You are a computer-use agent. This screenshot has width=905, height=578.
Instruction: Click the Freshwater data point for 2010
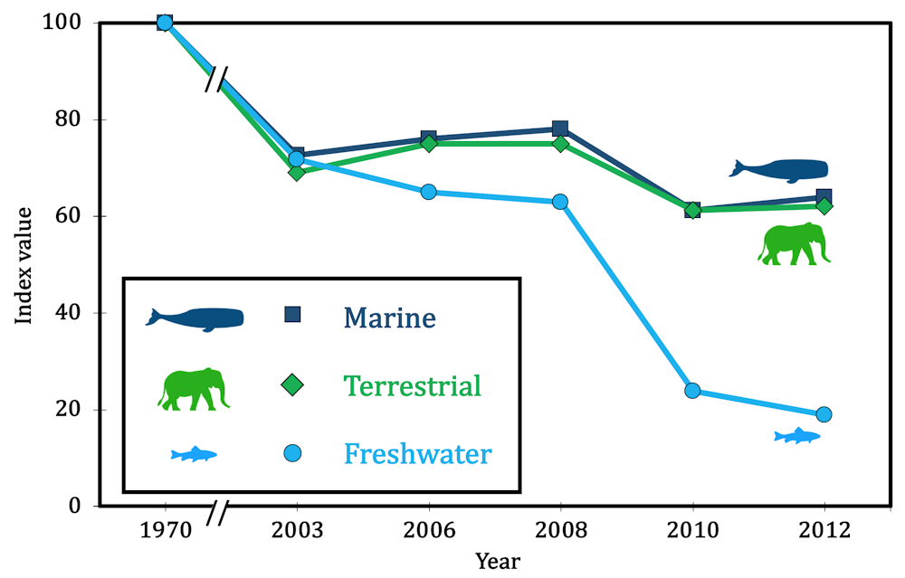point(692,391)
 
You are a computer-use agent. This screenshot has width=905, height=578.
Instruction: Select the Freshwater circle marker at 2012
point(824,414)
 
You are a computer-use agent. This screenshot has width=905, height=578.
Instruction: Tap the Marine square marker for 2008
point(560,128)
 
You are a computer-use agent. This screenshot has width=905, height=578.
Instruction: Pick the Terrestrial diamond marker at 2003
point(296,171)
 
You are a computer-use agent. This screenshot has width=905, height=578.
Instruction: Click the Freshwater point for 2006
point(429,192)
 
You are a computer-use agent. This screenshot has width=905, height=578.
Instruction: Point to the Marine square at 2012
point(824,196)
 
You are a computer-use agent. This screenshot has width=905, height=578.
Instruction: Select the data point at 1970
point(165,23)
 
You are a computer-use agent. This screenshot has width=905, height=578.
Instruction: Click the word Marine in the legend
point(389,317)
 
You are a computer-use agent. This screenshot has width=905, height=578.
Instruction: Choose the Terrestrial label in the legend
point(412,386)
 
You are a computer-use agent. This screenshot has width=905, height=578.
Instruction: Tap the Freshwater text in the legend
point(417,452)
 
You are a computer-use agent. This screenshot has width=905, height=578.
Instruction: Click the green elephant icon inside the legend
point(193,389)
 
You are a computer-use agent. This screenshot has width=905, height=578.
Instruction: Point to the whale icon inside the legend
point(195,318)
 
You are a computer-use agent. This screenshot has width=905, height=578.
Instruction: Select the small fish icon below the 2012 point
point(797,437)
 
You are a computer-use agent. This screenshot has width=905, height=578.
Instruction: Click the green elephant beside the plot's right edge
point(794,244)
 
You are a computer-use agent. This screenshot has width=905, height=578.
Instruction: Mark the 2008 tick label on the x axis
point(560,531)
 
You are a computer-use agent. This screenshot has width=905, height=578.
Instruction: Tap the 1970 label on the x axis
point(165,531)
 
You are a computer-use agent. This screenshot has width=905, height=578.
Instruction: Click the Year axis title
point(498,561)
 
